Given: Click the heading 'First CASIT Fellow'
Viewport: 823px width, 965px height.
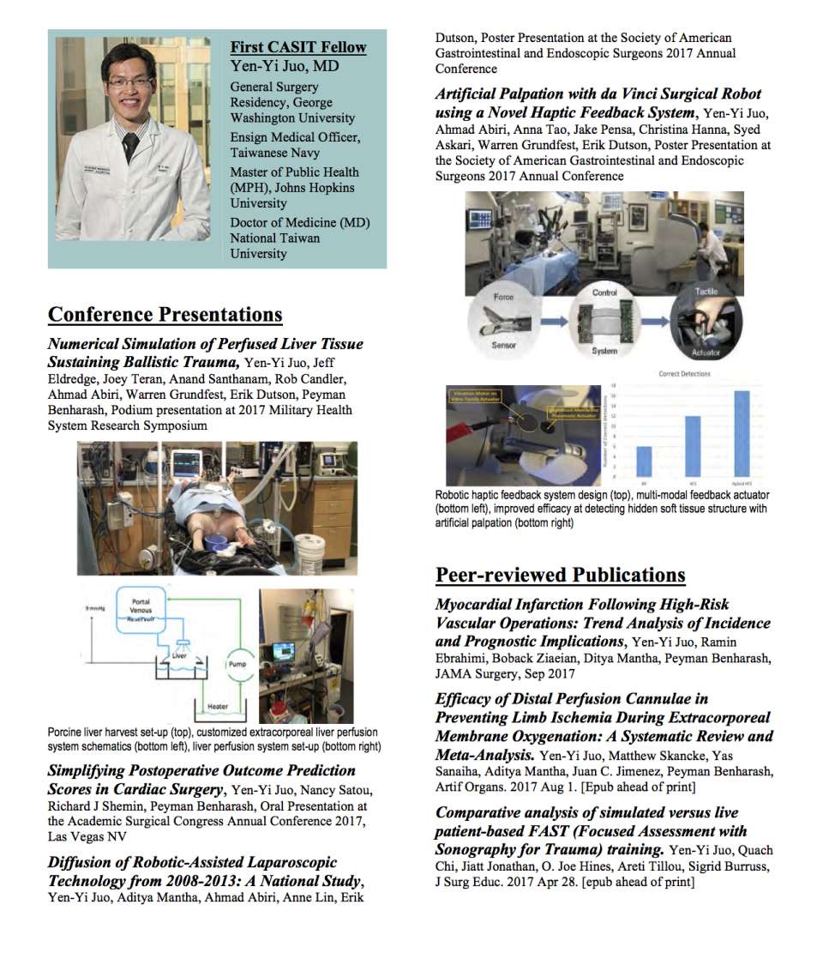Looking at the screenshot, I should [x=297, y=48].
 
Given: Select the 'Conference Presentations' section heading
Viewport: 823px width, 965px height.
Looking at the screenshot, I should [x=165, y=315].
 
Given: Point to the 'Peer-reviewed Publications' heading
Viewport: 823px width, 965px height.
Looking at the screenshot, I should [x=560, y=575].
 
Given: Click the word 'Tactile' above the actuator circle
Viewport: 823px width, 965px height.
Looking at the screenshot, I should [x=706, y=292].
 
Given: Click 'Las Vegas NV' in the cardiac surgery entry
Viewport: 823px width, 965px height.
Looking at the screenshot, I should [x=87, y=836].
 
